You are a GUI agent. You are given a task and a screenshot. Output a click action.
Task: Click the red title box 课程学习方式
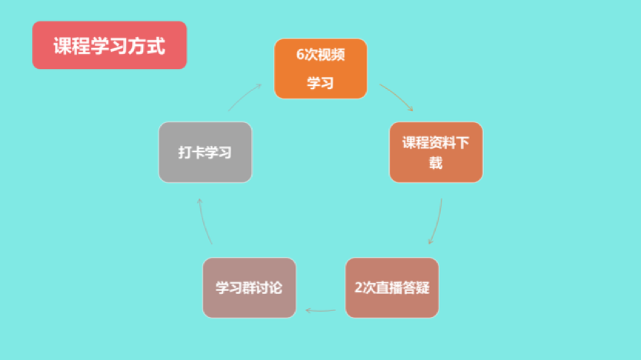[110, 45]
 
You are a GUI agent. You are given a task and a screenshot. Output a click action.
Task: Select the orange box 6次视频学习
[320, 69]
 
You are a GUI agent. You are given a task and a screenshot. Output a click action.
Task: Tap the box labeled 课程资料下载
[436, 152]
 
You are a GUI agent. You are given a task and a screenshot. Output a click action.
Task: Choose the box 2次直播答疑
[392, 287]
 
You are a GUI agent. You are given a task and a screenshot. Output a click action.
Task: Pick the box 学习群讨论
[250, 287]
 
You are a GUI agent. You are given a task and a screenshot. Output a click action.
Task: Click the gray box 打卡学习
[205, 152]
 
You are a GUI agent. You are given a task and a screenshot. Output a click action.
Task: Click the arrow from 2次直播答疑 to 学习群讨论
[320, 311]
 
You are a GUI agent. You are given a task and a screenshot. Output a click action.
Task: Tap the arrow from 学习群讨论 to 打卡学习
[204, 221]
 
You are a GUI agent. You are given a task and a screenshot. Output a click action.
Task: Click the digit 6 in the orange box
[300, 54]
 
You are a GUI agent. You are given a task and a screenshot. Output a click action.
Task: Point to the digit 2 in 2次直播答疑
[359, 287]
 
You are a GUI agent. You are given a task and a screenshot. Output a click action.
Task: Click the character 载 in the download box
[436, 163]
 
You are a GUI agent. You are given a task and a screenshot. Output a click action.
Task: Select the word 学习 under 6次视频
[320, 83]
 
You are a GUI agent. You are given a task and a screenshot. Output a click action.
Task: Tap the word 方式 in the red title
[147, 45]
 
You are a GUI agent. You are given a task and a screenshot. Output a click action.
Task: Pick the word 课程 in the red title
[72, 45]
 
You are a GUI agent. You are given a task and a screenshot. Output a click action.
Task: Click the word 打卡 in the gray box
[191, 153]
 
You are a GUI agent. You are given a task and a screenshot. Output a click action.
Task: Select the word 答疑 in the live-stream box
[416, 287]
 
